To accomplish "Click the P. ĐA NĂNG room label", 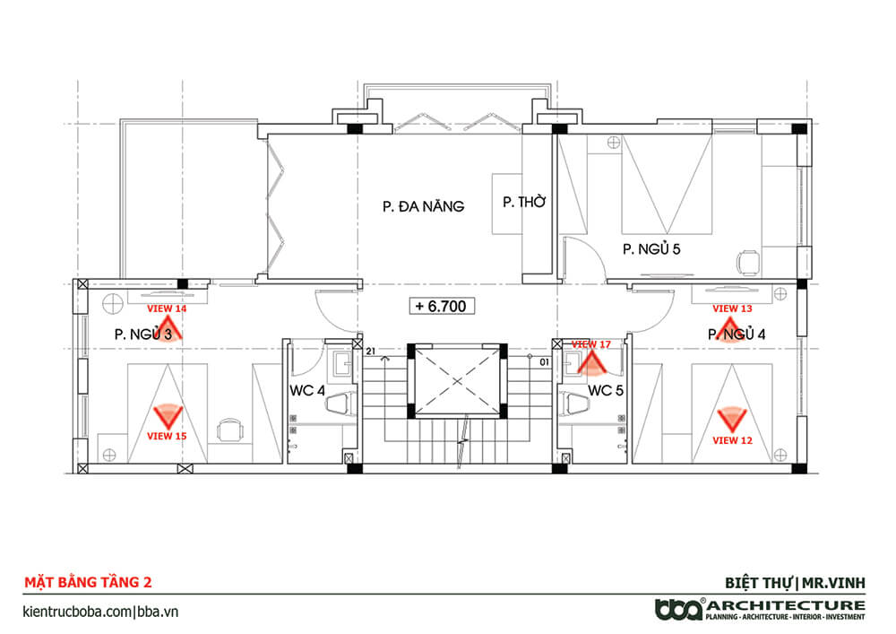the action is tap(424, 206).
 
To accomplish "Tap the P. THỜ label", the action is tap(524, 201).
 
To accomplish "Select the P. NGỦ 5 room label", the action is tap(651, 248).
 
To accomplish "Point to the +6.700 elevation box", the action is tap(442, 307).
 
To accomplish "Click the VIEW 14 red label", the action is tap(167, 308).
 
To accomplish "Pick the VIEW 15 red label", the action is tap(167, 436).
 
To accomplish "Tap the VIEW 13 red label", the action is tap(732, 308).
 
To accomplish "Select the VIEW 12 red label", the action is tap(732, 441).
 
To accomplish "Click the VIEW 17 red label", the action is tap(591, 344).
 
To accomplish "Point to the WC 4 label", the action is tap(306, 391).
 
